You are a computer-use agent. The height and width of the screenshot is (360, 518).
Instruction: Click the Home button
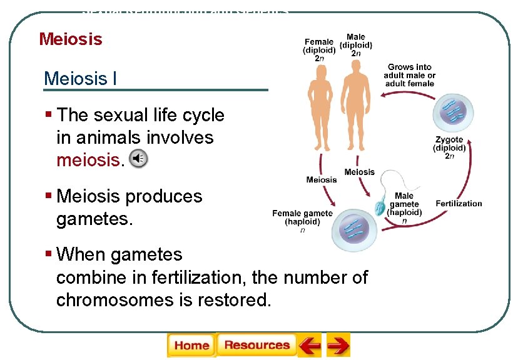click(x=191, y=346)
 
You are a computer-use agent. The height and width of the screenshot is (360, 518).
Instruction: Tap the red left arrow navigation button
click(x=310, y=346)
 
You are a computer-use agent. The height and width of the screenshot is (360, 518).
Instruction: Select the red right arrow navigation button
click(x=338, y=346)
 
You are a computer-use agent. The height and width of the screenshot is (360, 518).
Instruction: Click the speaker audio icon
click(x=138, y=159)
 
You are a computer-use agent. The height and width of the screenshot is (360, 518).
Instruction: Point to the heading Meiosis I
click(x=80, y=79)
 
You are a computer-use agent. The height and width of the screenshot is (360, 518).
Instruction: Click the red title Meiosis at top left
click(x=70, y=39)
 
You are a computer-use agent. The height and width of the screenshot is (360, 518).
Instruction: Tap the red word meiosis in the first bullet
click(x=88, y=160)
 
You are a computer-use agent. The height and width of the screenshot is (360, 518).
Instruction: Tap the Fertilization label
click(x=459, y=204)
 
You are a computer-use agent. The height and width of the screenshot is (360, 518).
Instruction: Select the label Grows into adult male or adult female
click(x=410, y=74)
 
